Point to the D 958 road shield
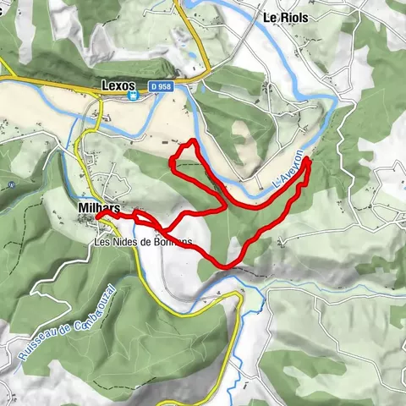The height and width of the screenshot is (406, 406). pyautogui.click(x=163, y=86)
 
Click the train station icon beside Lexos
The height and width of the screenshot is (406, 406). pyautogui.click(x=134, y=97)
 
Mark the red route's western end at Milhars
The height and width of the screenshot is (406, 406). pyautogui.click(x=99, y=217)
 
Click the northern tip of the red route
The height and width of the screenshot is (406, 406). pyautogui.click(x=194, y=140)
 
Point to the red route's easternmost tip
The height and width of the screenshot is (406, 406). pyautogui.click(x=309, y=159)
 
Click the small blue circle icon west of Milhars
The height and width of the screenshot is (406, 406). pyautogui.click(x=11, y=184)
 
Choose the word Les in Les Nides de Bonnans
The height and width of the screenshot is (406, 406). pyautogui.click(x=102, y=242)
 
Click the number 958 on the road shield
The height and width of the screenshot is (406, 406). pyautogui.click(x=167, y=86)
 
